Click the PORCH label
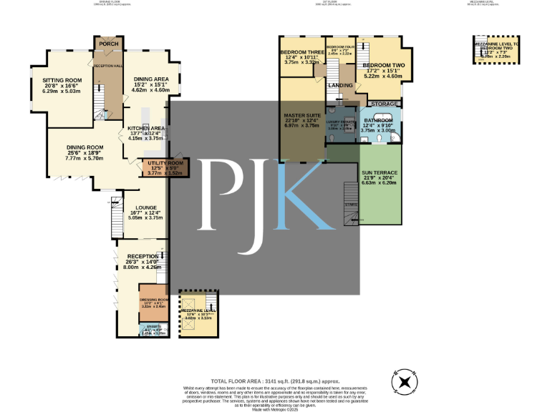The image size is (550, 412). (x=109, y=44)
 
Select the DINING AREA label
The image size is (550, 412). (x=151, y=79)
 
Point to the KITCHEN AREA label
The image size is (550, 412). (x=147, y=128)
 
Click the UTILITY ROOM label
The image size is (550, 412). (x=165, y=163)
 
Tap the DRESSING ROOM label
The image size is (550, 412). (x=153, y=299)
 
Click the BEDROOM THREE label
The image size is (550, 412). (x=301, y=52)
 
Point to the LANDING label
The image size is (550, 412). (x=340, y=85)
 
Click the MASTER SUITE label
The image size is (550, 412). (x=301, y=114)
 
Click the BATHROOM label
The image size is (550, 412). (x=377, y=120)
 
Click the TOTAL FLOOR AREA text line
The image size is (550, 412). (x=275, y=381)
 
